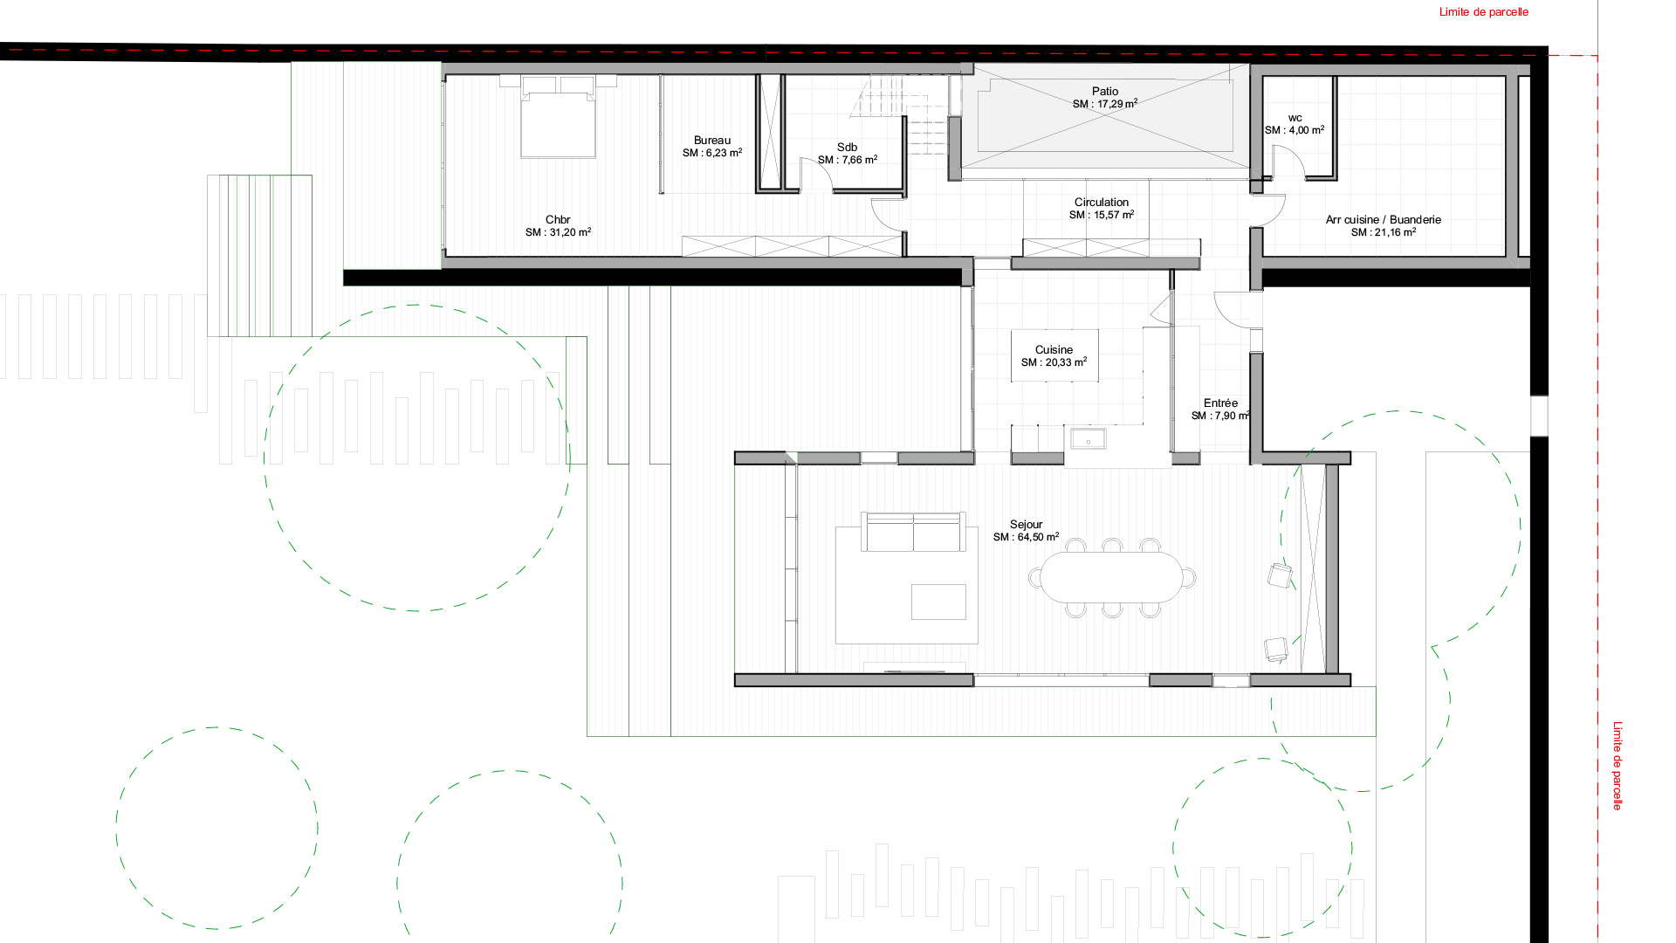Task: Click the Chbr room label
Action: (x=558, y=220)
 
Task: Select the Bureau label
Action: (x=712, y=141)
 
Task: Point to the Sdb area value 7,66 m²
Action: (x=848, y=161)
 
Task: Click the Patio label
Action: (x=1104, y=92)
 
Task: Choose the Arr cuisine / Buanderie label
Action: (x=1383, y=220)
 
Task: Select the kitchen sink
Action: (x=1088, y=439)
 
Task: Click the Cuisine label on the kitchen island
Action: (x=1054, y=350)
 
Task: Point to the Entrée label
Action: (x=1220, y=403)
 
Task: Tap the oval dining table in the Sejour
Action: (x=1111, y=577)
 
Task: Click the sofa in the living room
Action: (x=913, y=533)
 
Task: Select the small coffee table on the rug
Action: (x=938, y=602)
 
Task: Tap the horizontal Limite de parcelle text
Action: (x=1483, y=12)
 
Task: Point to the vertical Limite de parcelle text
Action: (x=1617, y=765)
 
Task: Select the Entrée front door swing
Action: (x=1236, y=310)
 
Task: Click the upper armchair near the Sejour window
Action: (x=1279, y=575)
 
